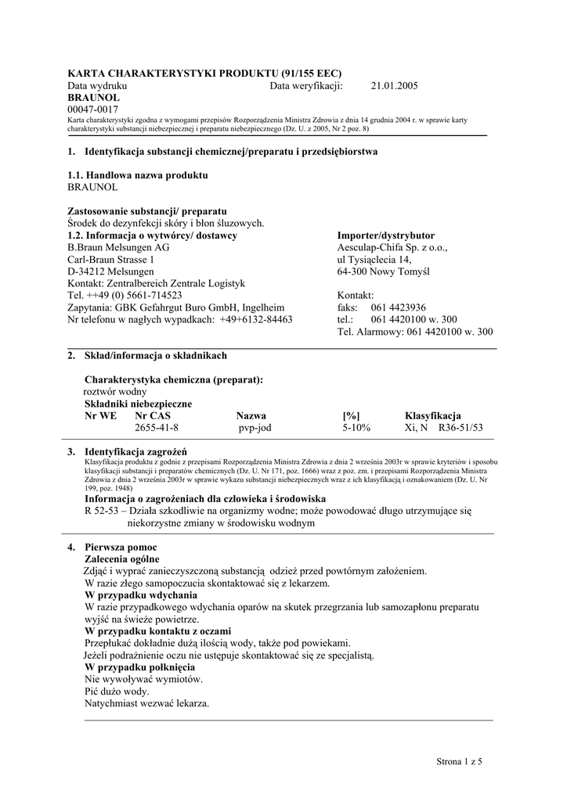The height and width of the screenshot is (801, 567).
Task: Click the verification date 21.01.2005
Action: [394, 86]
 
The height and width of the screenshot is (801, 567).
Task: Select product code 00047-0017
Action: [93, 110]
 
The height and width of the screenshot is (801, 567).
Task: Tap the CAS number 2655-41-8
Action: [157, 428]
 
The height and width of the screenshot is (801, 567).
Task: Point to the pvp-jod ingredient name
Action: [255, 428]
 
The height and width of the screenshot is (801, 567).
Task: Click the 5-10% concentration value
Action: [356, 428]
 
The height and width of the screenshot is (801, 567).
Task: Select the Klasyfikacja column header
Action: [432, 415]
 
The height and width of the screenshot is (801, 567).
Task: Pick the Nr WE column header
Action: [101, 415]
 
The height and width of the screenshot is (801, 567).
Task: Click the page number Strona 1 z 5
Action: [460, 760]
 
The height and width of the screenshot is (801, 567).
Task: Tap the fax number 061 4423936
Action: [399, 307]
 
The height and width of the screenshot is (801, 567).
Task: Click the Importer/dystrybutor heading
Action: [385, 235]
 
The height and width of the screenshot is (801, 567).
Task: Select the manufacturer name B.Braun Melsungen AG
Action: [118, 247]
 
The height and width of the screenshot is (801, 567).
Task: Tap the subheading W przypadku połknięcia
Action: [139, 667]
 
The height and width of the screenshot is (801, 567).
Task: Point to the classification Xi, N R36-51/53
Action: [443, 428]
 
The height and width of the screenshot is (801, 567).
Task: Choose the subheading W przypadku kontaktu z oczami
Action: [157, 630]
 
